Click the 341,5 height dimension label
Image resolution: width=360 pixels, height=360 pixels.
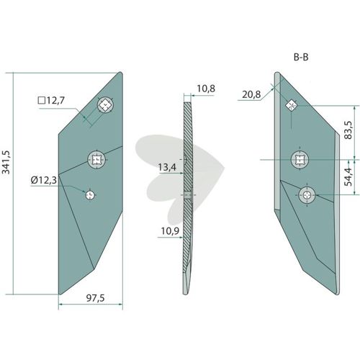tap(6, 162)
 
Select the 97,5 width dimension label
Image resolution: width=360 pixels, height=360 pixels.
tap(95, 298)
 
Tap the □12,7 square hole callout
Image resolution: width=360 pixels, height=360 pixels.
tap(51, 100)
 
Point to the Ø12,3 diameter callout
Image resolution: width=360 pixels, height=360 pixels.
tap(44, 180)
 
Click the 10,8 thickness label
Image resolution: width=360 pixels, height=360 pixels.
tap(206, 89)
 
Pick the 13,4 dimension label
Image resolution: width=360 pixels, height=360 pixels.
tap(167, 167)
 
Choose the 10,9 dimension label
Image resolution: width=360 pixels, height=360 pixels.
tap(170, 231)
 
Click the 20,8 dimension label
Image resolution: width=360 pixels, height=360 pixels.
tap(251, 94)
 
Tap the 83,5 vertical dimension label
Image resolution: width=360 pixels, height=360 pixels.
tap(348, 130)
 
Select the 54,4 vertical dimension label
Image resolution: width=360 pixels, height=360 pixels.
tap(348, 177)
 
